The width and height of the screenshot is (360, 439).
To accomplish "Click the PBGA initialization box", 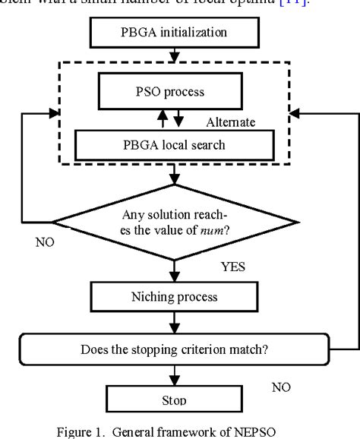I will (x=175, y=33).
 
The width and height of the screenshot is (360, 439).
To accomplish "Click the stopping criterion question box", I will (x=175, y=350).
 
